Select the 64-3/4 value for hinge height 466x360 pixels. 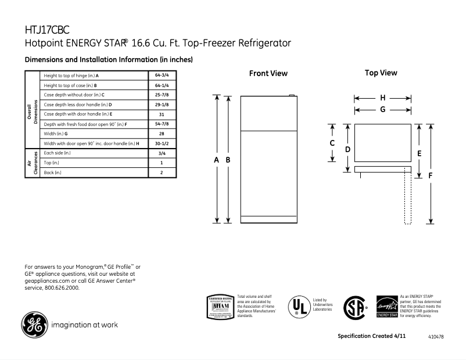coord(161,76)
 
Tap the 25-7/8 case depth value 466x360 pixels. coord(161,95)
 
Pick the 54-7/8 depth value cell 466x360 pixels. coord(161,124)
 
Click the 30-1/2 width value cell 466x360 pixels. coord(161,143)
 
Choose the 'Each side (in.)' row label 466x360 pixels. coord(57,153)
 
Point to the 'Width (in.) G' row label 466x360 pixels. coord(56,134)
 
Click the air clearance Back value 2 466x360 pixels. coord(161,172)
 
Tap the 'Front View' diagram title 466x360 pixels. coord(268,74)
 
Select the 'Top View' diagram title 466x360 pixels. coord(381,73)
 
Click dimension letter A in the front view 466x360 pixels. coord(217,159)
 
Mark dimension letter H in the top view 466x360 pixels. coord(383,98)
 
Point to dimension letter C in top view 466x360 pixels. coord(332,143)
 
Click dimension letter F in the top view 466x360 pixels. coord(431,175)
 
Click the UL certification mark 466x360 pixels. coord(300,306)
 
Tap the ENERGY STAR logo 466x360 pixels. coord(387,306)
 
